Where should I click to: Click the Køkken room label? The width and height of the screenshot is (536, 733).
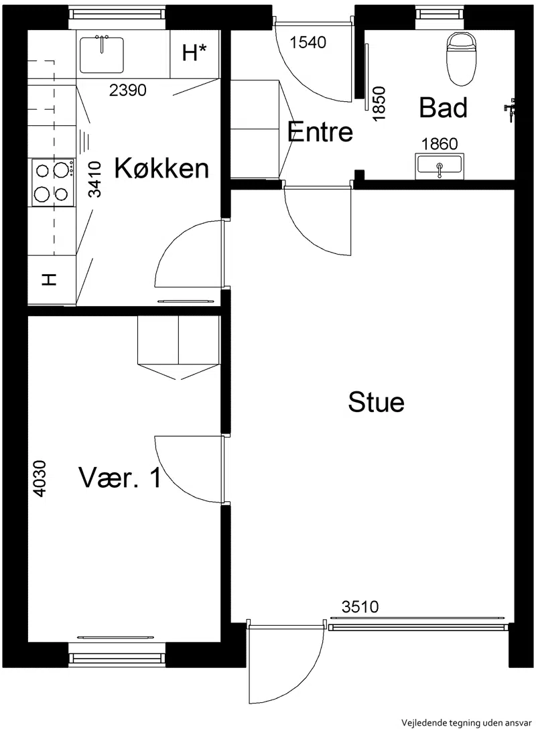(161, 168)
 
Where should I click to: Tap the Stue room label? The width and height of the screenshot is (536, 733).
(376, 402)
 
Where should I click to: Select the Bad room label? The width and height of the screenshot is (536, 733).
(443, 107)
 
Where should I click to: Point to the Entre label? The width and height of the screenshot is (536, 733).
(320, 131)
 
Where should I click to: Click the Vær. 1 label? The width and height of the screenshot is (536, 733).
(120, 478)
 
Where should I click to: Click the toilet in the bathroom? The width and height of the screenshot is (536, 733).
(462, 58)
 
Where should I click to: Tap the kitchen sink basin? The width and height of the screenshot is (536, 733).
(102, 55)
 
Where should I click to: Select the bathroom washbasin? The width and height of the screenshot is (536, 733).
(440, 166)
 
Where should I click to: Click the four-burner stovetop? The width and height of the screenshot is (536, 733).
(53, 182)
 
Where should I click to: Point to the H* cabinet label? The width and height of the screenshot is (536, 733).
(194, 52)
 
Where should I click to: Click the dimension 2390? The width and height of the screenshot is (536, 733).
(127, 90)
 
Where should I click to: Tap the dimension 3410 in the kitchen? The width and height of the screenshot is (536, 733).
(95, 179)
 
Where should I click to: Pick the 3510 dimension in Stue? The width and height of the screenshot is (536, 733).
(360, 607)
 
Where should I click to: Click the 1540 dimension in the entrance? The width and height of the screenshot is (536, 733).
(308, 42)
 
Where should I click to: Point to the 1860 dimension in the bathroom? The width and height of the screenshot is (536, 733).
(440, 143)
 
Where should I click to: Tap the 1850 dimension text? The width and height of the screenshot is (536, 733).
(379, 103)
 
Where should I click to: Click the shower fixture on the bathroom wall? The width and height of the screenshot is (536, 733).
(509, 110)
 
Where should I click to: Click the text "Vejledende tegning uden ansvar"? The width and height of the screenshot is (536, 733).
(467, 723)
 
